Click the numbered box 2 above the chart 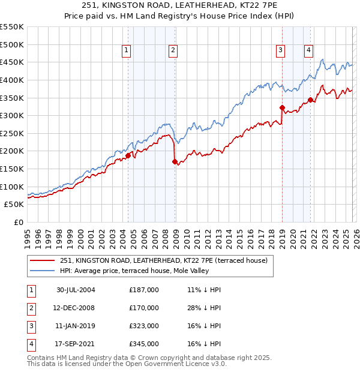[x=172, y=51]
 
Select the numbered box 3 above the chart [x=280, y=51]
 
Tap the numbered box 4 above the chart [x=308, y=51]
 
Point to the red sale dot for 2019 [x=282, y=107]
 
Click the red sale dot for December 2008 [x=175, y=161]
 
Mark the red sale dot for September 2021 [x=310, y=100]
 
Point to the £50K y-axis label [x=14, y=205]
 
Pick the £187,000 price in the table [x=144, y=290]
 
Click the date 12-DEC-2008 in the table [x=76, y=308]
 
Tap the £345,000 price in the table [x=144, y=344]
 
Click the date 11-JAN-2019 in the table [x=76, y=326]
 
